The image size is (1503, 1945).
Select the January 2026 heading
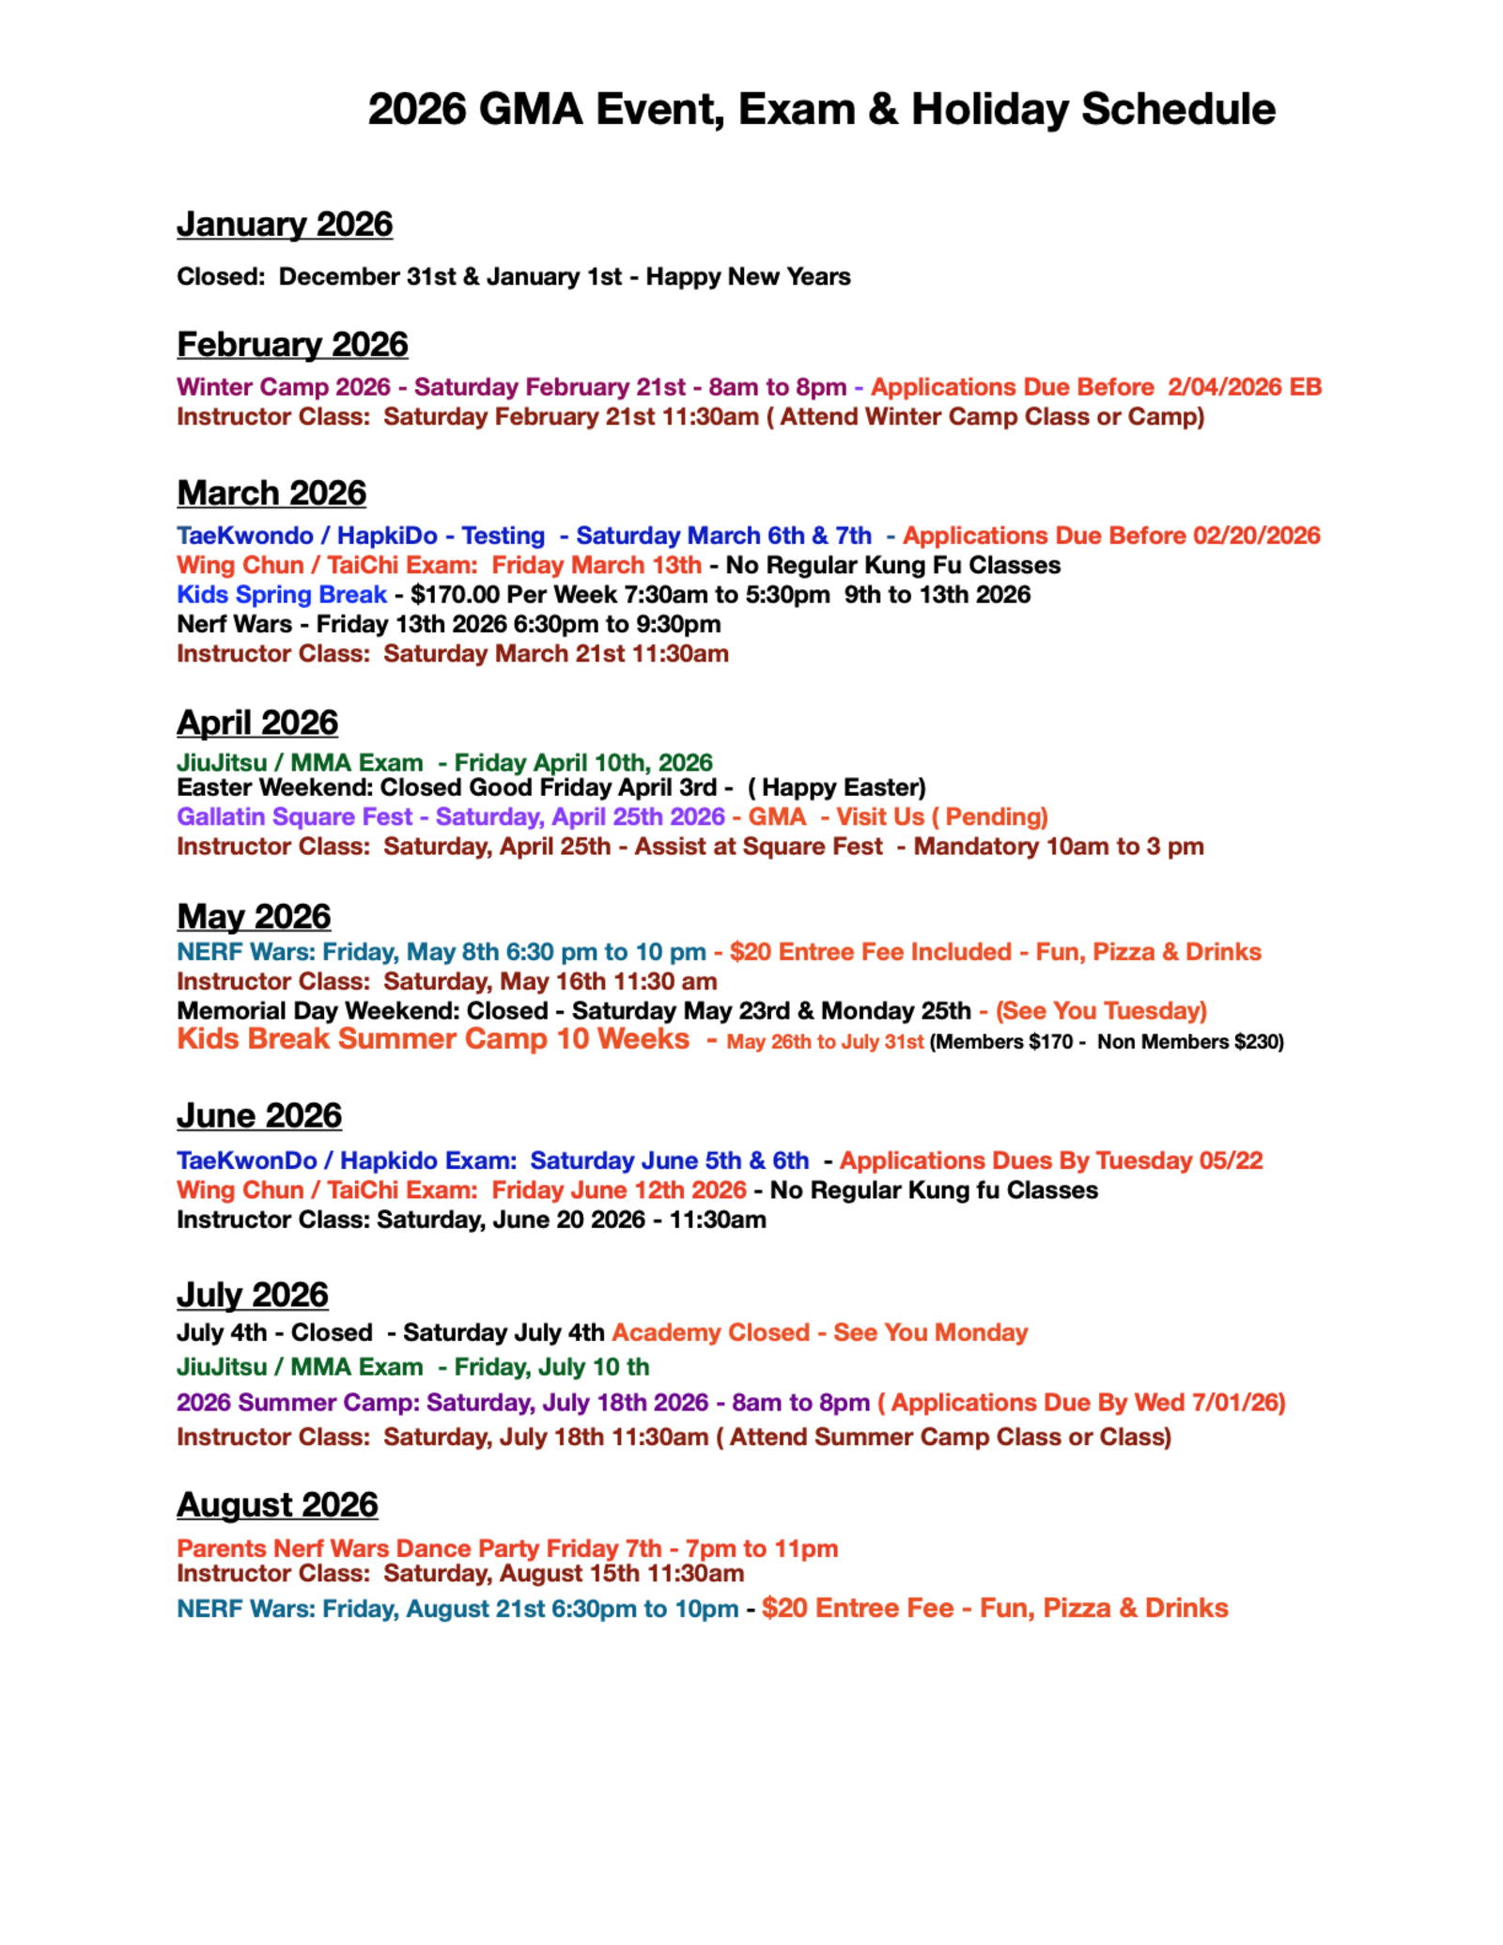pos(285,225)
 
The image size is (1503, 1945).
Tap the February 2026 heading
pos(292,345)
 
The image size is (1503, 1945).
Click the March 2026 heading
pos(271,493)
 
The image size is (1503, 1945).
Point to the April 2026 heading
pos(257,723)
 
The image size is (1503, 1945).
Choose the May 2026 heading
pos(254,916)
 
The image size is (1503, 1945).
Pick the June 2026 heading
pos(259,1115)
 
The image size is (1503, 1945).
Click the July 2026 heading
pos(253,1295)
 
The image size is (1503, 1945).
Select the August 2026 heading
pos(277,1504)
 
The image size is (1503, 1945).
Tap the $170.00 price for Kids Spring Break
pos(455,595)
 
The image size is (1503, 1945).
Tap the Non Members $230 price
pos(1187,1042)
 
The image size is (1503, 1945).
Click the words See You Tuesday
pos(1101,1011)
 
